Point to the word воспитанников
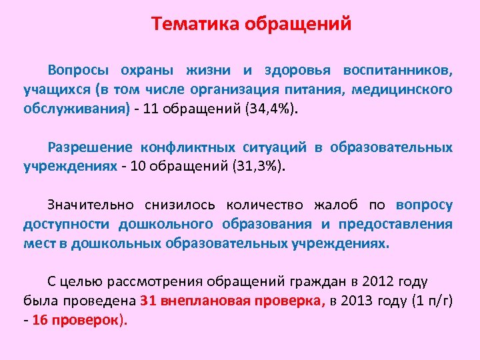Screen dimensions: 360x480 397,70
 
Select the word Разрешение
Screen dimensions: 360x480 88,147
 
